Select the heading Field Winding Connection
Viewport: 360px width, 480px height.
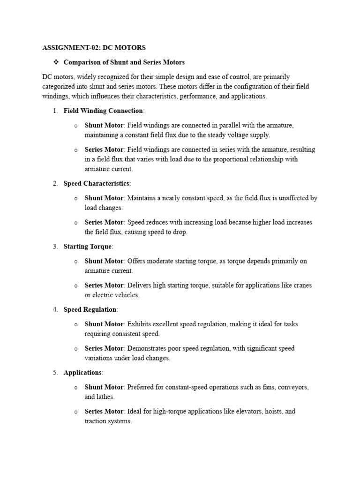pos(103,111)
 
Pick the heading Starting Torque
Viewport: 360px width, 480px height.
pos(88,247)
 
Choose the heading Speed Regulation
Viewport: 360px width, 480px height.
pos(90,309)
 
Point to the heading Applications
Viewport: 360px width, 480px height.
pos(82,373)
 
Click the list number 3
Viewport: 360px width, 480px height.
pos(55,247)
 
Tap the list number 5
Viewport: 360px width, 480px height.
pos(55,373)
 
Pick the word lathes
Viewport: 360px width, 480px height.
pos(105,397)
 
